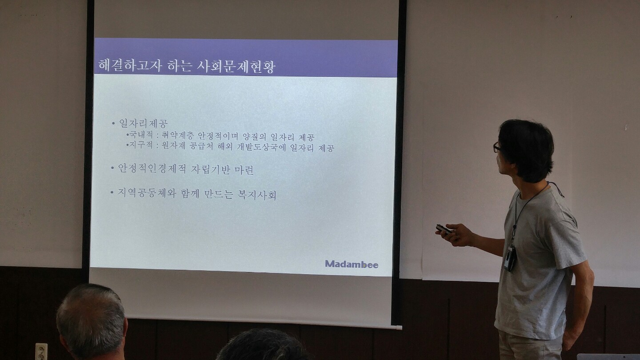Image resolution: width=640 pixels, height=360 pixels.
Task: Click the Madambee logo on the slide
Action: click(x=352, y=264)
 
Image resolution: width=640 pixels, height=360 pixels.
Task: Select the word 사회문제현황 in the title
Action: click(x=236, y=67)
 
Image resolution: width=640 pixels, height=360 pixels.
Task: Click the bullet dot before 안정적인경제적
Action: click(x=112, y=168)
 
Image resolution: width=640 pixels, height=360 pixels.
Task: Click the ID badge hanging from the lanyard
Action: click(x=510, y=258)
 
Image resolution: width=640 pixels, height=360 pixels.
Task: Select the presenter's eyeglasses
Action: click(x=497, y=147)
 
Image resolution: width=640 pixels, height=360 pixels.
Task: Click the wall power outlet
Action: click(x=41, y=352)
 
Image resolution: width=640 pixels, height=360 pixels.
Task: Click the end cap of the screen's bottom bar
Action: click(x=398, y=328)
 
